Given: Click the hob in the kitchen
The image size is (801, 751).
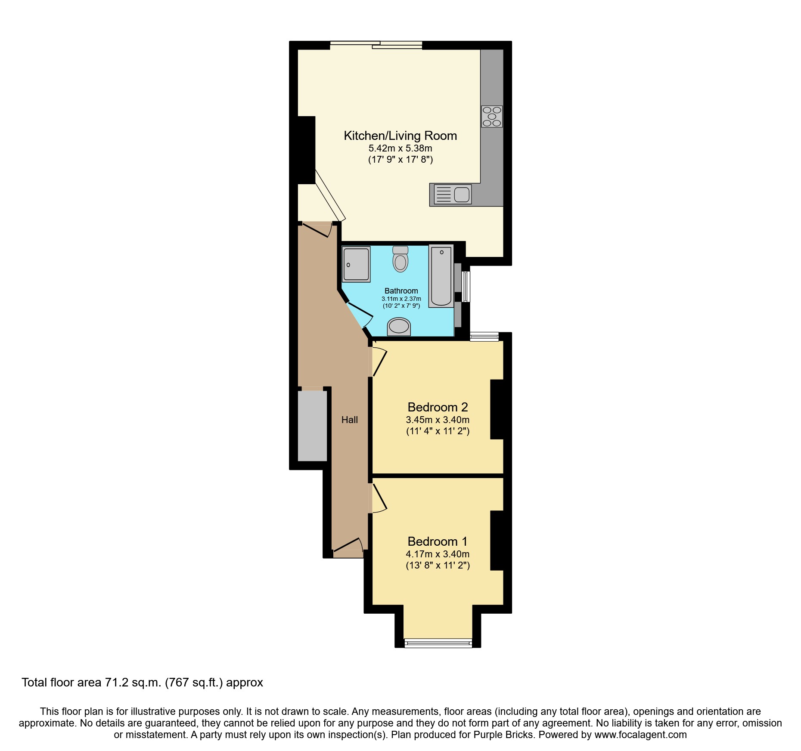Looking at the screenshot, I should click(492, 116).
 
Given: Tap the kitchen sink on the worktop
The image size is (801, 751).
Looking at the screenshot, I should click(453, 194).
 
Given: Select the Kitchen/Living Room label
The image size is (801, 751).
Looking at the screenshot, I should click(400, 136).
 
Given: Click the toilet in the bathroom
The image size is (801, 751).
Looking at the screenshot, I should click(400, 259).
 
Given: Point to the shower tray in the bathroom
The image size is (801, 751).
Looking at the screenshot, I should click(356, 264).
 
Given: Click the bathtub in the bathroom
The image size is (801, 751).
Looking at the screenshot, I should click(441, 276).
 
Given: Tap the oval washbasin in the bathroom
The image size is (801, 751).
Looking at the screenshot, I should click(399, 326).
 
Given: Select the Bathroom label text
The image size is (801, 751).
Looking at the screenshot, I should click(401, 291).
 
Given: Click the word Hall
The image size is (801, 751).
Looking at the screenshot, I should click(349, 420).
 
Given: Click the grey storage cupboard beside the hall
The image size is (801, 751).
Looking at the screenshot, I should click(312, 425).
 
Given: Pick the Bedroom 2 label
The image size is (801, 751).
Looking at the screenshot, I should click(438, 407).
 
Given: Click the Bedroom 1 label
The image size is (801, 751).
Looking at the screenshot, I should click(438, 541).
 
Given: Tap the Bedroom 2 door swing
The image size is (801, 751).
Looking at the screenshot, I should click(379, 362).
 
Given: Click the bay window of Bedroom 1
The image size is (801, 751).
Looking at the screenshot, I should click(438, 643).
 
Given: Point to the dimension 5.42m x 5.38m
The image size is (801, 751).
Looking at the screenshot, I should click(400, 148).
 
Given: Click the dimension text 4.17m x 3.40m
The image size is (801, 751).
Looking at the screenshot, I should click(438, 554).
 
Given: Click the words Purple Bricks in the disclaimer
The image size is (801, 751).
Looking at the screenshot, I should click(503, 735).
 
